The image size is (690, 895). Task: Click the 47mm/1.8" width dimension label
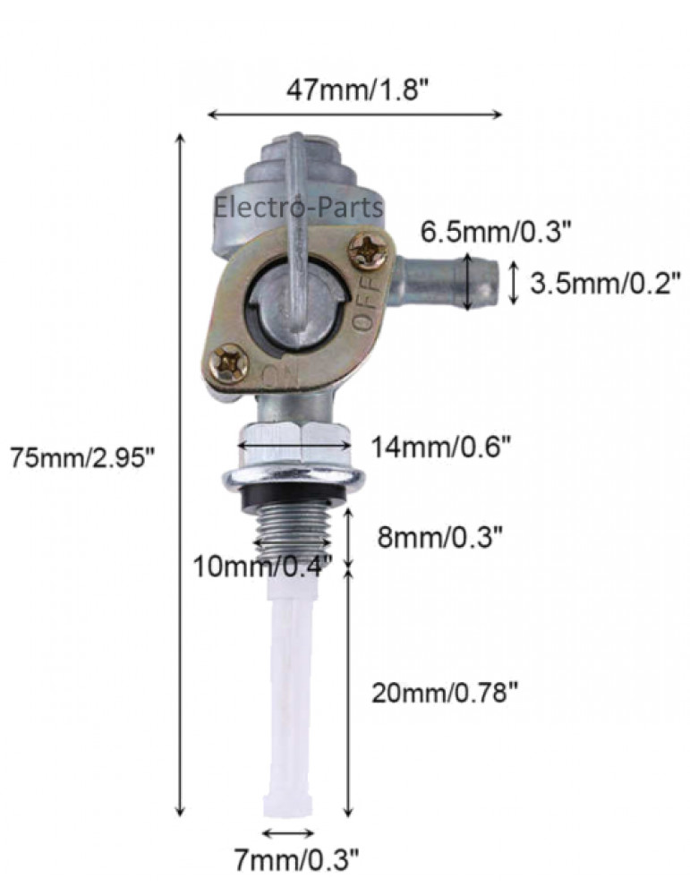pos(357,89)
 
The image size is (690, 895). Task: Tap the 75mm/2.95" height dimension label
pos(82,457)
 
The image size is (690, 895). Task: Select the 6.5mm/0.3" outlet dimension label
pos(496,232)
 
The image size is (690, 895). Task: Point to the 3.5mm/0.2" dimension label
pos(605,283)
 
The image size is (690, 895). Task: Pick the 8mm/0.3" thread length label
pos(439,536)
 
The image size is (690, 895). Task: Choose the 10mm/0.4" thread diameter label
pos(263,567)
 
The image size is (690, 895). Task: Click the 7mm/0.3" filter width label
pos(297,859)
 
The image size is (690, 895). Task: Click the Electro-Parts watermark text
pos(298,207)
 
